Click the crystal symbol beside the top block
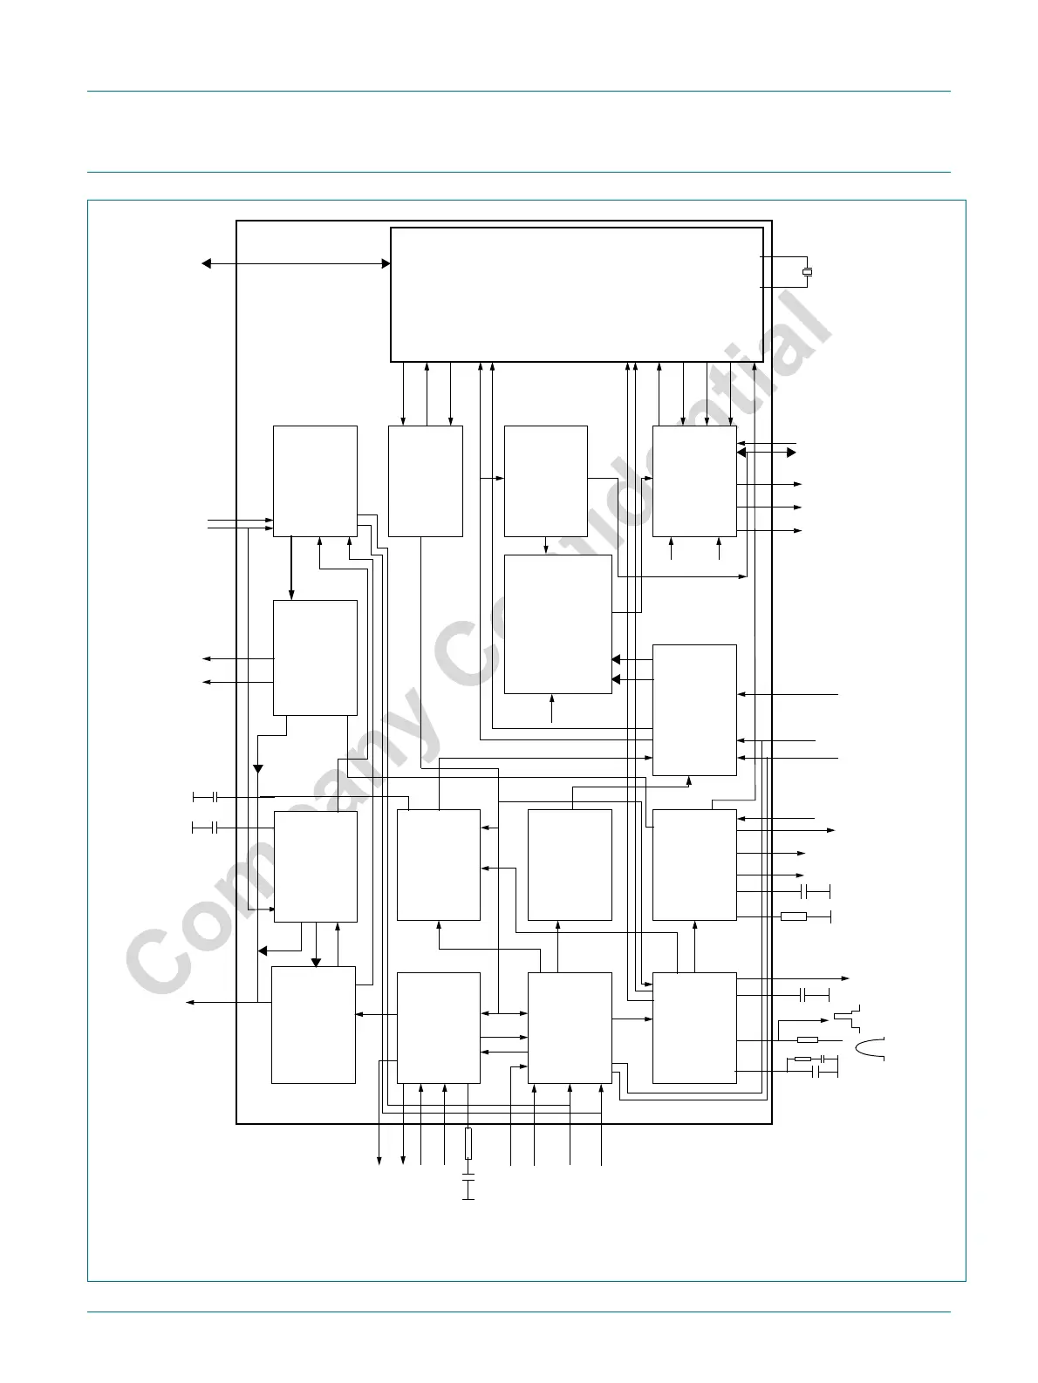[x=808, y=273]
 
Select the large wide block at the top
[x=577, y=295]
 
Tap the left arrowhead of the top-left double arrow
[x=206, y=263]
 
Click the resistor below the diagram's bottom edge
[x=468, y=1143]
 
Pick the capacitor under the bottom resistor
[x=468, y=1187]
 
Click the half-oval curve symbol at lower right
[x=871, y=1048]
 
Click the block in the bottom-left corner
[x=313, y=1025]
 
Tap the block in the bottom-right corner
[x=694, y=1027]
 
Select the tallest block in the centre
[x=558, y=624]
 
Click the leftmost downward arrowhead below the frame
[x=379, y=1159]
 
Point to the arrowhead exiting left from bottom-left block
[x=189, y=1003]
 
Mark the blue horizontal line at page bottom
[x=518, y=1312]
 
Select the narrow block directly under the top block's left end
[x=425, y=481]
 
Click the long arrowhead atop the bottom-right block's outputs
[x=843, y=978]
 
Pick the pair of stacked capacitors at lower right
[x=825, y=1066]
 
